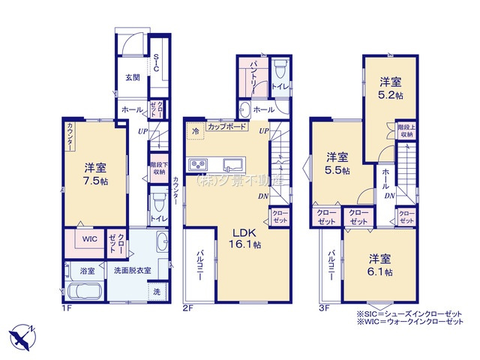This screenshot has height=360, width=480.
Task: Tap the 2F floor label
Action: [189, 306]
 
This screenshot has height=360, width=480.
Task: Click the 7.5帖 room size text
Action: [96, 181]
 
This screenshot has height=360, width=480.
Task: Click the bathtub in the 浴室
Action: [81, 290]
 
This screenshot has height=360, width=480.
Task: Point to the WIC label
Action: [89, 239]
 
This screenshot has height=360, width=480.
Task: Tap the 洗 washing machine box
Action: [157, 290]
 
